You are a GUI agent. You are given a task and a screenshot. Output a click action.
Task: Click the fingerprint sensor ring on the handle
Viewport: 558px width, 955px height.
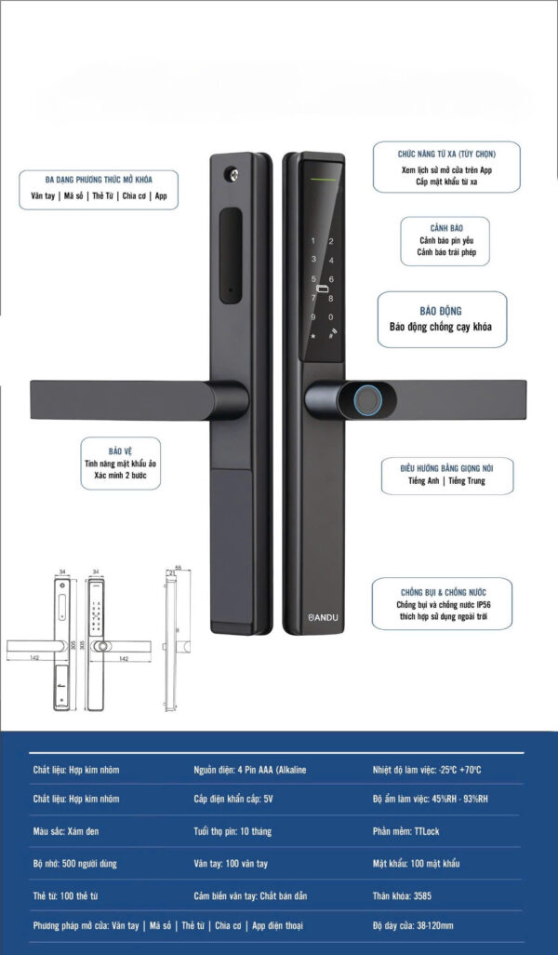point(367,400)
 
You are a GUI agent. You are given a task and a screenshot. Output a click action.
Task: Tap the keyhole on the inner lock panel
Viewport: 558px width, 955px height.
point(232,175)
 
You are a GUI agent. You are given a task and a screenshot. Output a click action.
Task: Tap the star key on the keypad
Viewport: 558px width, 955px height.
point(313,336)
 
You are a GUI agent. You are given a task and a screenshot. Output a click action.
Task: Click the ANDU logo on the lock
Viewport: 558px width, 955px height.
point(323,617)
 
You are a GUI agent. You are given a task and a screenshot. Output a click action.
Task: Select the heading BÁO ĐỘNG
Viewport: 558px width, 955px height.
point(441,311)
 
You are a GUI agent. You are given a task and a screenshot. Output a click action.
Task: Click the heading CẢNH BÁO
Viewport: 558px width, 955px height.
point(446,228)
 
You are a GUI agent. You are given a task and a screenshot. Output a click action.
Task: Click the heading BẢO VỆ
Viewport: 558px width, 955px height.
point(121,451)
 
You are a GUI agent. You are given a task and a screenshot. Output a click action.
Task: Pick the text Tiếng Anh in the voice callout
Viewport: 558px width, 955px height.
point(423,481)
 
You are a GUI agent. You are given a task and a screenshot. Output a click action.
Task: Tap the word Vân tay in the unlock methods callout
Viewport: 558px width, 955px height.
point(43,196)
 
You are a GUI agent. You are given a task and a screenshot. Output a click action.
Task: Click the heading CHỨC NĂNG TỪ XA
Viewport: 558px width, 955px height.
point(426,155)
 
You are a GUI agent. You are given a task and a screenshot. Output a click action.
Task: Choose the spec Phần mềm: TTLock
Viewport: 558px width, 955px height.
point(405,831)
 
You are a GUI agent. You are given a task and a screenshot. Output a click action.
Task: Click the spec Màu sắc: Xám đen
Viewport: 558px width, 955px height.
point(66,831)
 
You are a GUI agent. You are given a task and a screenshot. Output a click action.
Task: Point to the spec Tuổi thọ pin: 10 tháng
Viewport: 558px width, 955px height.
point(232,831)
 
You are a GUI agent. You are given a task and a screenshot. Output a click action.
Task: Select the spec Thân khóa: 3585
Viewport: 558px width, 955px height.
point(402,896)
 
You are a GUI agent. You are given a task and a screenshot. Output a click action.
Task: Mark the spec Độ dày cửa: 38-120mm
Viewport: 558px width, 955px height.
point(413,926)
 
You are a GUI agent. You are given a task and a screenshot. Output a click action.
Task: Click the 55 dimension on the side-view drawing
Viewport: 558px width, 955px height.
point(179,568)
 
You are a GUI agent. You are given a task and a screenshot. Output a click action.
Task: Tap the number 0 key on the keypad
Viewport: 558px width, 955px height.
point(331,317)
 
